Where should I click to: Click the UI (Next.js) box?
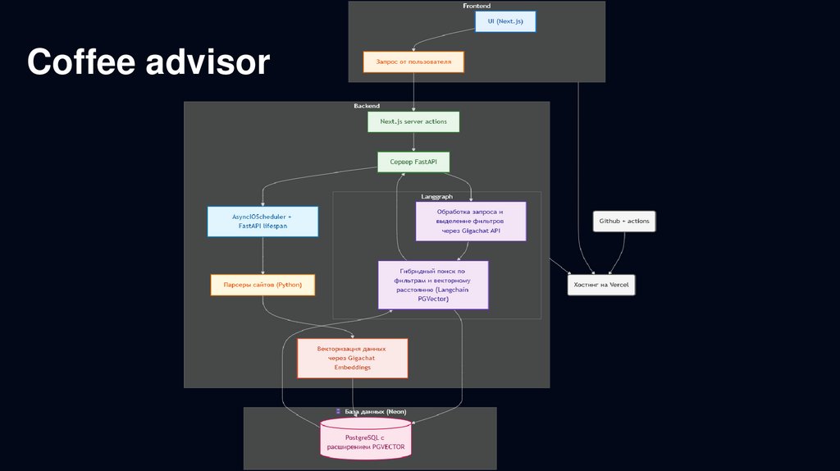[505, 21]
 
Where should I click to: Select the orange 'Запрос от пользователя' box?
[413, 62]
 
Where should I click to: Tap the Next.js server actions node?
[413, 121]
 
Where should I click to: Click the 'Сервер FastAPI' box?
[413, 162]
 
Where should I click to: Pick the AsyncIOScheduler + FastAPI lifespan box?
[262, 222]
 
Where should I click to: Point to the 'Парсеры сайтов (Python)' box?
[262, 285]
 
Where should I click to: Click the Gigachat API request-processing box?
[471, 222]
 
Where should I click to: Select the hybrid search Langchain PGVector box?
[433, 285]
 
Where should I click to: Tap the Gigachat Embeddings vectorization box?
[352, 358]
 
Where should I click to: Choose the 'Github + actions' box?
[624, 222]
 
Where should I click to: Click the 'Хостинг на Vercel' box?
[602, 285]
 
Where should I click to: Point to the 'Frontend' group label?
[477, 6]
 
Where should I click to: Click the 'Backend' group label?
[367, 106]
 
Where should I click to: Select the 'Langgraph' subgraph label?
[436, 197]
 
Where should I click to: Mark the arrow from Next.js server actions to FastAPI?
[413, 142]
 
